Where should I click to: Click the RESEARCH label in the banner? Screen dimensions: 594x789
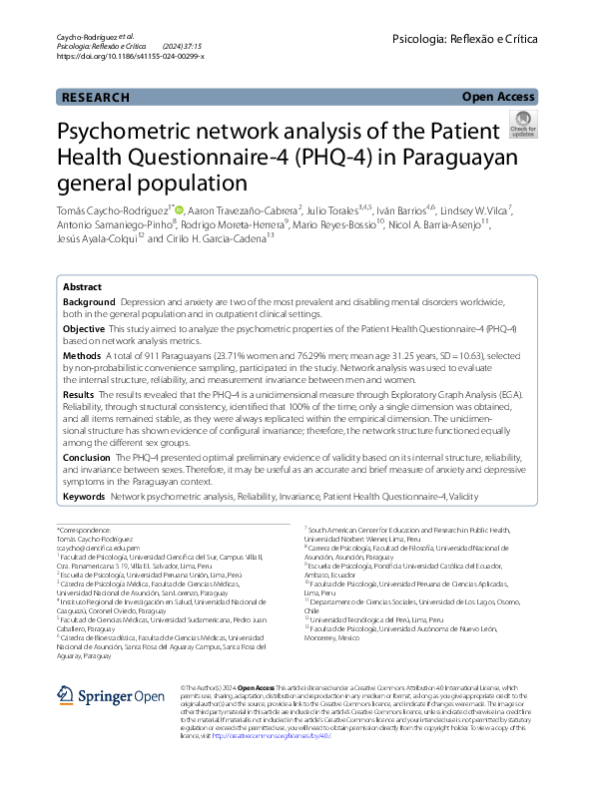[x=96, y=98]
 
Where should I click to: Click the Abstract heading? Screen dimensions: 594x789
[x=83, y=285]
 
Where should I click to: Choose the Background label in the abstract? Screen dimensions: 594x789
[x=90, y=301]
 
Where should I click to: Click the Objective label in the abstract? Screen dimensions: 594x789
[x=84, y=328]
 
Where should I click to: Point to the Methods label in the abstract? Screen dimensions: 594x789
[x=82, y=355]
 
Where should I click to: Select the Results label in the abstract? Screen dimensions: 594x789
[x=79, y=395]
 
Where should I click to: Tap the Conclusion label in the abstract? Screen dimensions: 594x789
[x=87, y=457]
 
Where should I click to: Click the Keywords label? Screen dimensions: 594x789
[x=84, y=496]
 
